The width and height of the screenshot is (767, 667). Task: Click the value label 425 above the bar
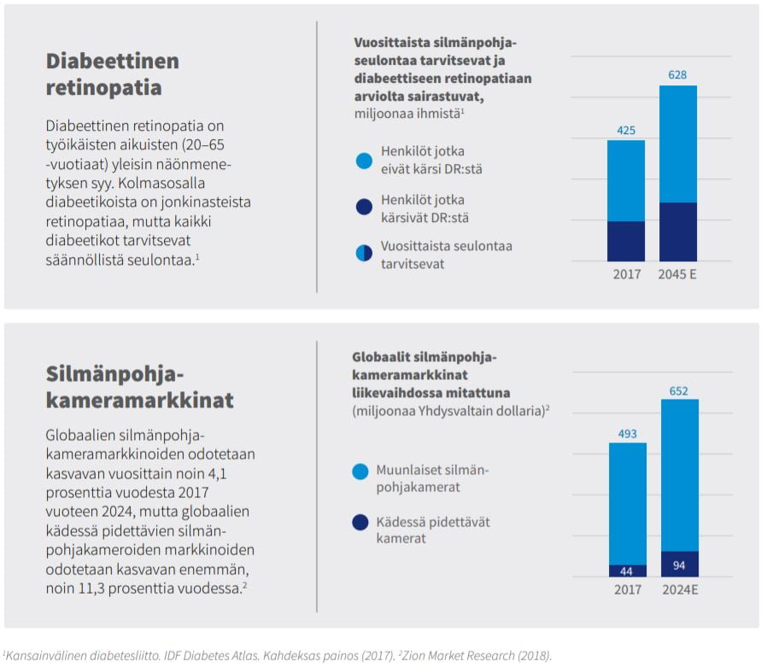pyautogui.click(x=625, y=130)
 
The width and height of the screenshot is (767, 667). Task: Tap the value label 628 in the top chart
pyautogui.click(x=677, y=75)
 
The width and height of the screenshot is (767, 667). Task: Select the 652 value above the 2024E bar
pyautogui.click(x=678, y=390)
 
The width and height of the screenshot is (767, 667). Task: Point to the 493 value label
pyautogui.click(x=627, y=434)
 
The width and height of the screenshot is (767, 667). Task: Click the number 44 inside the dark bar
pyautogui.click(x=626, y=571)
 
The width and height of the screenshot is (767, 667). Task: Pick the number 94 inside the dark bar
pyautogui.click(x=679, y=565)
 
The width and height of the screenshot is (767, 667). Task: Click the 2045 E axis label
pyautogui.click(x=677, y=274)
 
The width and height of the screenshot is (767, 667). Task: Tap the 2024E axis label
pyautogui.click(x=680, y=589)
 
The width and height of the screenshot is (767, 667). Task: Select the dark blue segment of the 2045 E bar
pyautogui.click(x=678, y=231)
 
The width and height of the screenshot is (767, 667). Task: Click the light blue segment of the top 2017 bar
pyautogui.click(x=626, y=181)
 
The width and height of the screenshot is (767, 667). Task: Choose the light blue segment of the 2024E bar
pyautogui.click(x=680, y=476)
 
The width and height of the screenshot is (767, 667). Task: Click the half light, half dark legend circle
pyautogui.click(x=364, y=254)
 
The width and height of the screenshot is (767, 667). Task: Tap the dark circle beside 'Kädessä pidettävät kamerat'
pyautogui.click(x=360, y=523)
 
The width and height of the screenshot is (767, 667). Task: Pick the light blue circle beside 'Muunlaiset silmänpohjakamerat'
pyautogui.click(x=360, y=471)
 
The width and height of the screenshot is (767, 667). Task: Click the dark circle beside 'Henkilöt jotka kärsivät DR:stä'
pyautogui.click(x=364, y=207)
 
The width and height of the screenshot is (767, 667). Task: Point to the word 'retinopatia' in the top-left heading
pyautogui.click(x=103, y=87)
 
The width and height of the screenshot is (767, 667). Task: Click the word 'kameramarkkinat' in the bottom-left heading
pyautogui.click(x=140, y=400)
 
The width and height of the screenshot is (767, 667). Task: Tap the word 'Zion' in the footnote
pyautogui.click(x=414, y=655)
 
